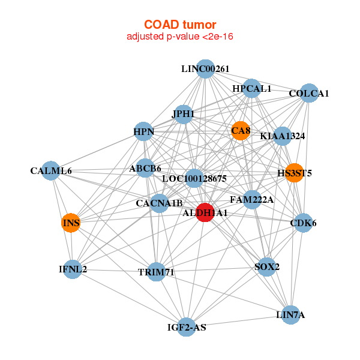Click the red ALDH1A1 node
(x=205, y=212)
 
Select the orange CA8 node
(x=240, y=131)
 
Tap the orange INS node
(x=71, y=223)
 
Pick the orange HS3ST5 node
(x=294, y=173)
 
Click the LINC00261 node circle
(x=205, y=68)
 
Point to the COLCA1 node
(x=308, y=93)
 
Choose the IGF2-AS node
(x=187, y=327)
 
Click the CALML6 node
(x=51, y=171)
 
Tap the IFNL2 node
(x=72, y=269)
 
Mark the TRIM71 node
(x=156, y=272)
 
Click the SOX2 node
(x=266, y=266)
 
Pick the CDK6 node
(x=303, y=223)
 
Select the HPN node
(x=143, y=131)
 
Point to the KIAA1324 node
(x=282, y=136)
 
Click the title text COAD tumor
(x=180, y=25)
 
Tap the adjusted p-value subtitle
(x=180, y=37)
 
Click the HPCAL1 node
(x=252, y=89)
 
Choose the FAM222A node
(x=252, y=199)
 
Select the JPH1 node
(x=183, y=113)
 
